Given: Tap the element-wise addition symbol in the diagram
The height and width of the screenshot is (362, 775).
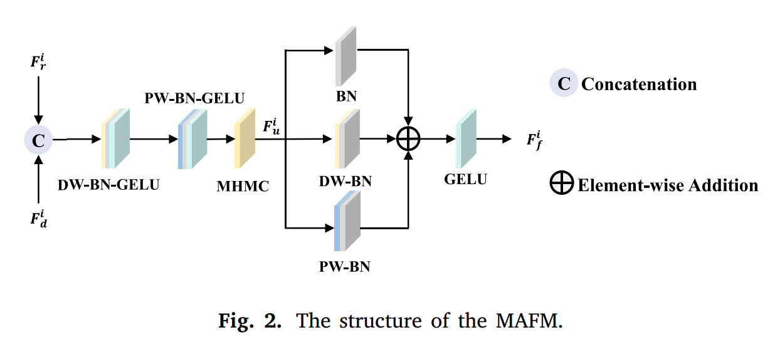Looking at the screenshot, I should click(409, 139).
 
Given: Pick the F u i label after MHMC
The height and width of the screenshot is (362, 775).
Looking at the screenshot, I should click(272, 126).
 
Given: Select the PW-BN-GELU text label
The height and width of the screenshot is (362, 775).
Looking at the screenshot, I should click(194, 98).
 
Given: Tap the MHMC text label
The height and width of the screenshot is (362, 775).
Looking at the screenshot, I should click(243, 186).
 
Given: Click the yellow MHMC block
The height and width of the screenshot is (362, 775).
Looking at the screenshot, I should click(245, 139).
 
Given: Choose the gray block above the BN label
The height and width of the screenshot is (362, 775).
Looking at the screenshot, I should click(345, 56).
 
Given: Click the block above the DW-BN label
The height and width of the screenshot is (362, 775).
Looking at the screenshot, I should click(347, 139).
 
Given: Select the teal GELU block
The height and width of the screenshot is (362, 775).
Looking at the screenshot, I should click(466, 139).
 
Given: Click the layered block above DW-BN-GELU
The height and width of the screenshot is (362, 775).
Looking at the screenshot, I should click(115, 139).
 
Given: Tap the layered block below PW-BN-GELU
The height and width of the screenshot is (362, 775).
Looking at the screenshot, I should click(192, 139).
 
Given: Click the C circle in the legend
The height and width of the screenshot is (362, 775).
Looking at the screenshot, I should click(564, 84).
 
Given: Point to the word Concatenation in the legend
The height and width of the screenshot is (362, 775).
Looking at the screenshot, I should click(639, 85).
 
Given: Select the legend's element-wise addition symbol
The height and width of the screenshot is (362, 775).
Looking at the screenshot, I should click(562, 185).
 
